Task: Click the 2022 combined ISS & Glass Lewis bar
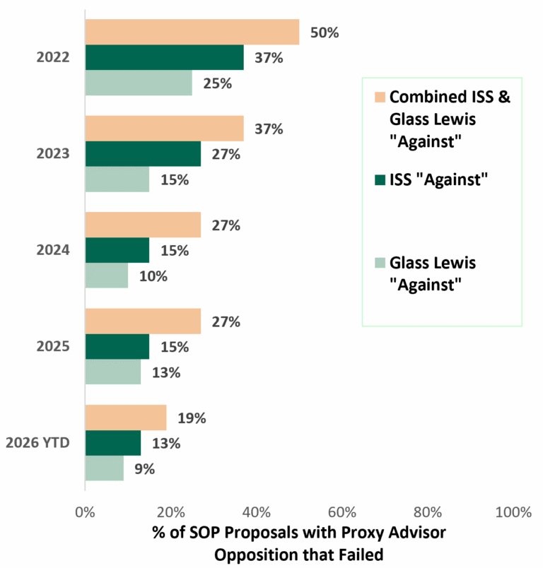pos(192,32)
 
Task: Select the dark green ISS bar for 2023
pos(144,153)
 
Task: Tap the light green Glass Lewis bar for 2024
pos(107,276)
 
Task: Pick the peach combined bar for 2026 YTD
pos(126,418)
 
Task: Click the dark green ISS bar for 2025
pos(117,346)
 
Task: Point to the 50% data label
pos(325,32)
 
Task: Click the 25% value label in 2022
pos(218,83)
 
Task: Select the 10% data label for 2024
pos(153,276)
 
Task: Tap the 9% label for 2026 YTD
pos(145,469)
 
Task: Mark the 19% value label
pos(192,418)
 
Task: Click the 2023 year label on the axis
pos(53,153)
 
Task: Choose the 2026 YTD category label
pos(37,443)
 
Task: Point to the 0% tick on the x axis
pos(85,513)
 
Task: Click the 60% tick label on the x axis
pos(341,513)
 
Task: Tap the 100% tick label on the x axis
pos(513,513)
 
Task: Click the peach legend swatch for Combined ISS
pos(380,97)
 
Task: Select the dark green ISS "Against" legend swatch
pos(380,179)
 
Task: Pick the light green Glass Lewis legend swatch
pos(380,263)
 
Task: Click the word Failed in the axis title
pos(361,555)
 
